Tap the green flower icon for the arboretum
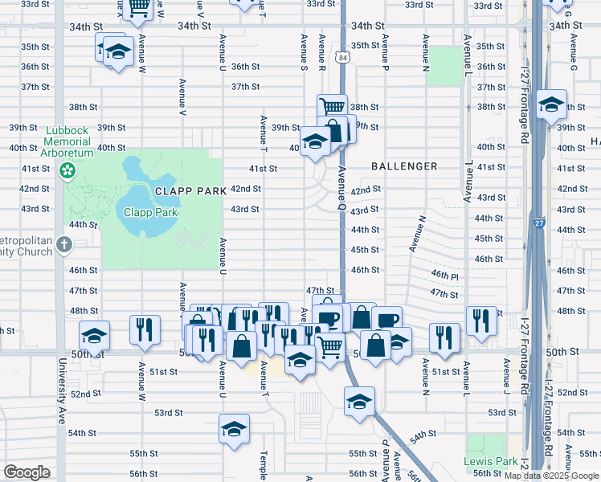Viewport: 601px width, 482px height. [x=67, y=170]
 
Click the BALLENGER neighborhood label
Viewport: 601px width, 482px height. [x=404, y=166]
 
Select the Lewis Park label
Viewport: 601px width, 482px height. [x=491, y=462]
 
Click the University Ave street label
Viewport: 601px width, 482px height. [x=61, y=402]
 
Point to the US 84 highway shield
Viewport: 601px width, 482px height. [x=342, y=56]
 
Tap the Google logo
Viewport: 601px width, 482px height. [x=27, y=472]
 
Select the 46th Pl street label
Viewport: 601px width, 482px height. [x=444, y=275]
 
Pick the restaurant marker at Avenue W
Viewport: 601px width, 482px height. [x=145, y=329]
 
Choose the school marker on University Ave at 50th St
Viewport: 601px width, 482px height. [x=94, y=335]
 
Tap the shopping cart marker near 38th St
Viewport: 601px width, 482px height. [x=332, y=107]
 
